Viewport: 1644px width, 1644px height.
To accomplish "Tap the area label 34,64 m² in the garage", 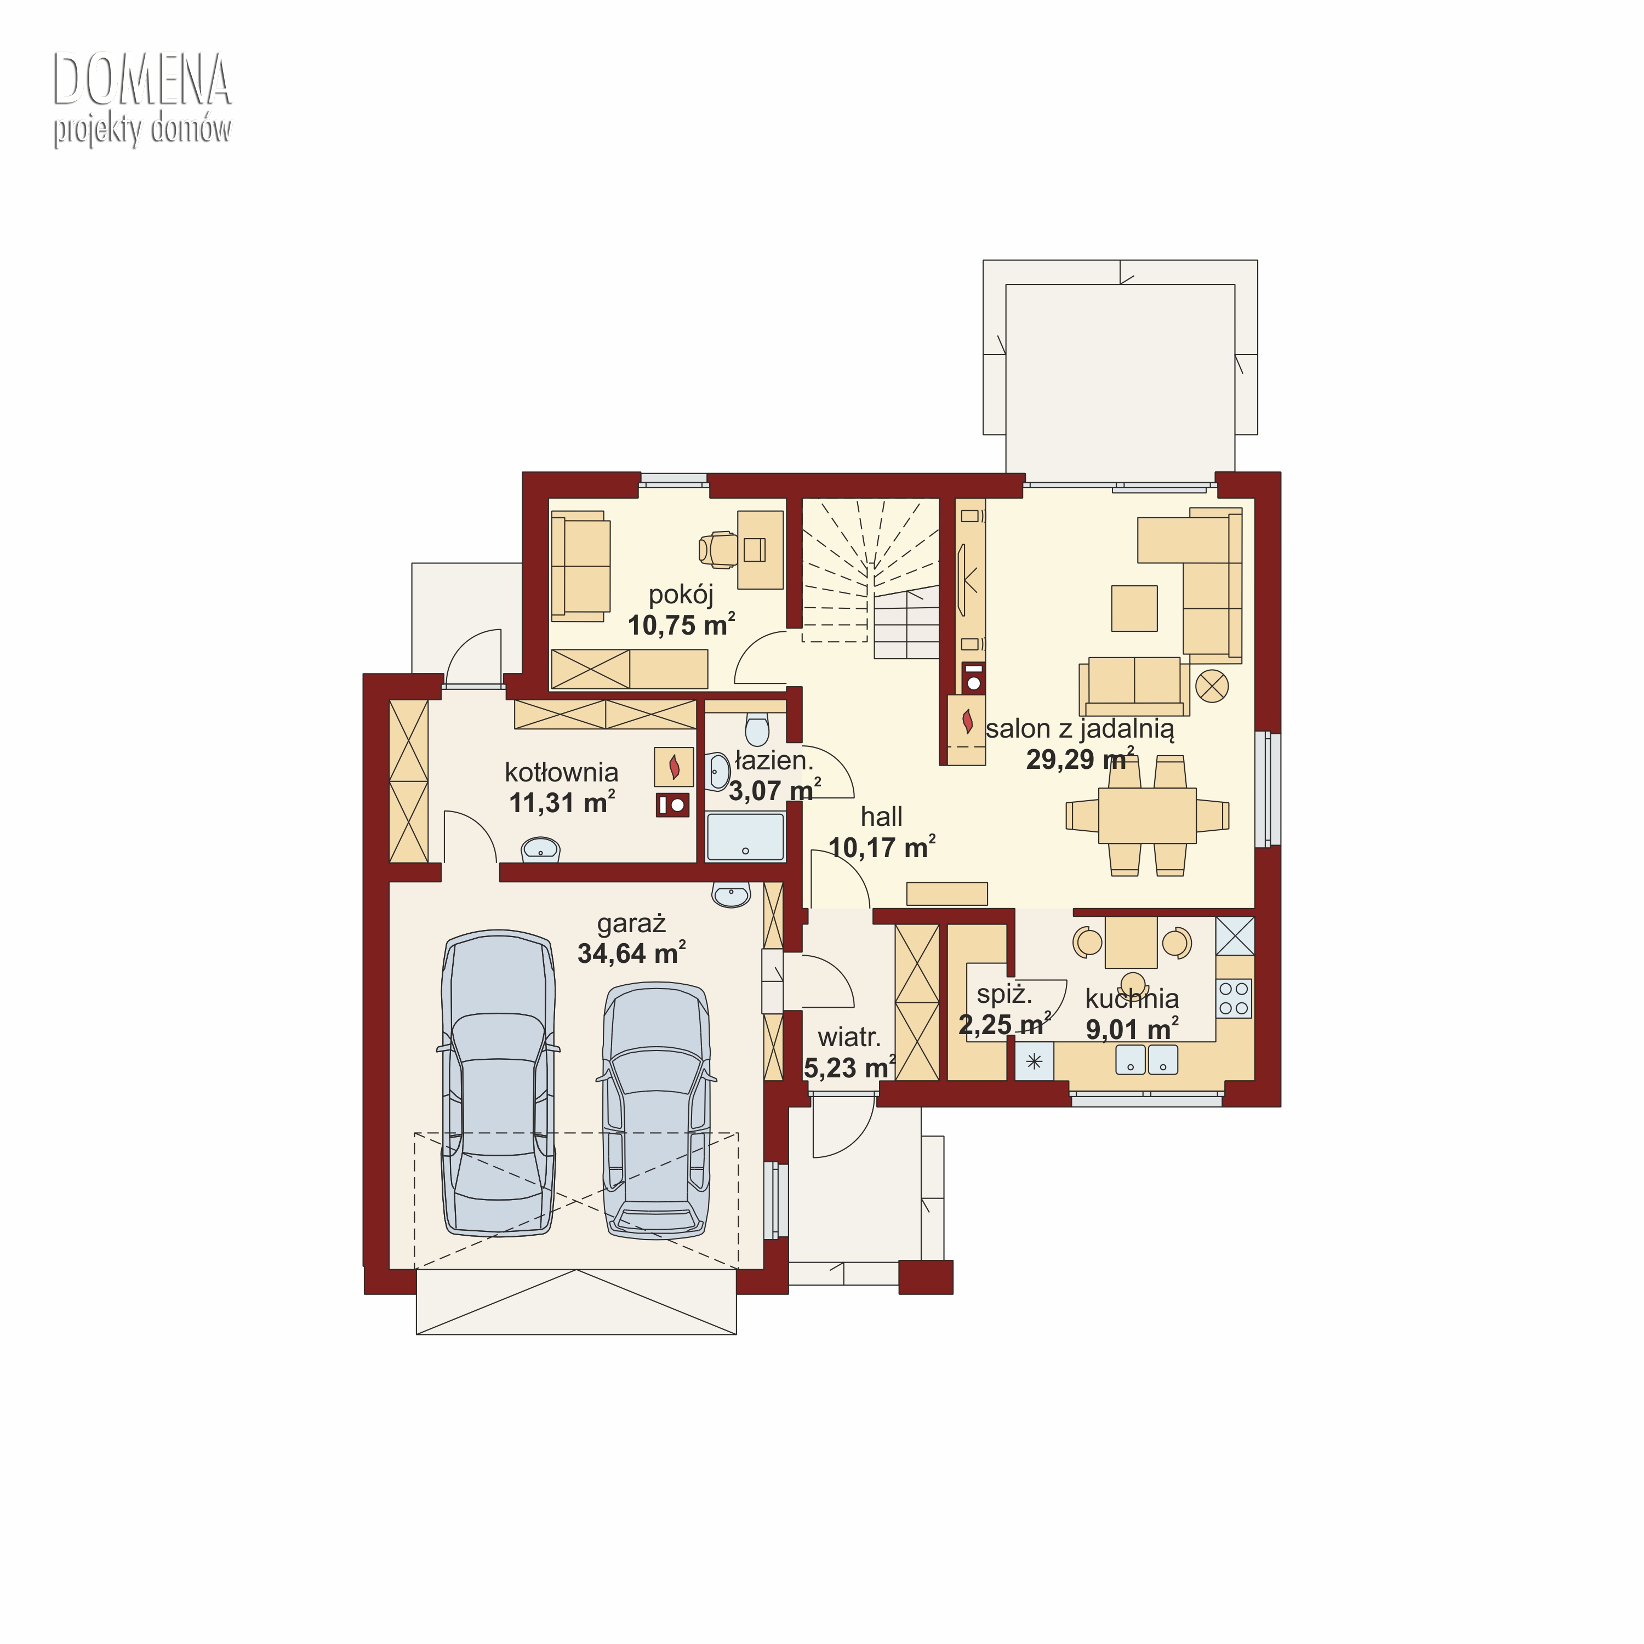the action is (x=631, y=953).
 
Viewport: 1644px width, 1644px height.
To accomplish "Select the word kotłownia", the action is (x=562, y=773).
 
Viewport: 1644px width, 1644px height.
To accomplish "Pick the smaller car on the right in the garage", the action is (x=657, y=1110).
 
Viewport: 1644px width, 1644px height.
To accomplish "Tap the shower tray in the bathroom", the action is (x=745, y=837).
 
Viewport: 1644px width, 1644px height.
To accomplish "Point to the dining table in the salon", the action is (x=1147, y=815).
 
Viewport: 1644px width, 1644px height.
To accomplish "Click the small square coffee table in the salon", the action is (x=1134, y=608).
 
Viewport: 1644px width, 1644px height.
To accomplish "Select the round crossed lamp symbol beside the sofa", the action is (x=1212, y=685).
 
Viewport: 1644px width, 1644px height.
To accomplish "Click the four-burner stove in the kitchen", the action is (x=1234, y=998).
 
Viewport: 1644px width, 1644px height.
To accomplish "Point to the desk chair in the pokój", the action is (x=717, y=550).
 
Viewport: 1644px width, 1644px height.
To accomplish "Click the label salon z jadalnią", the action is (x=1080, y=728).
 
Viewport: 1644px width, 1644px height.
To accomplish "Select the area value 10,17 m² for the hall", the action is (x=882, y=847).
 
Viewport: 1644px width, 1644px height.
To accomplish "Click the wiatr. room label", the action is (x=849, y=1037).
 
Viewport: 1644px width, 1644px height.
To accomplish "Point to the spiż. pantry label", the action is (x=1004, y=994).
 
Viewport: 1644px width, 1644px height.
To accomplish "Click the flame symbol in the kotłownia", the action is (x=674, y=767).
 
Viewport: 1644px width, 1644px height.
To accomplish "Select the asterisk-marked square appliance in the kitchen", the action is (x=1034, y=1061).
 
